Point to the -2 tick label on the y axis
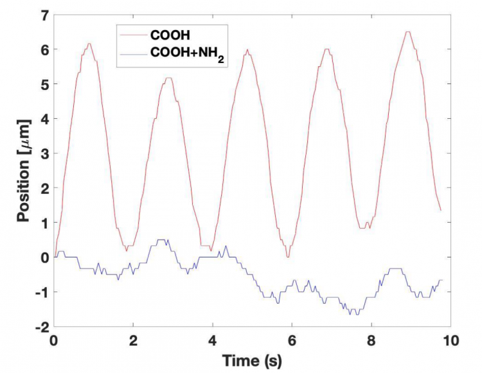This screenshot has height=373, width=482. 41,327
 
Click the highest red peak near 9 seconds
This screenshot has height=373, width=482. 407,31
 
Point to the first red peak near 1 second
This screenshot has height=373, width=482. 90,44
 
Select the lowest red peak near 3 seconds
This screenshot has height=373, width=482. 168,78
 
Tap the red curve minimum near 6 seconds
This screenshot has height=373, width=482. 288,257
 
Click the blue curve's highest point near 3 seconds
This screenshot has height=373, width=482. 163,240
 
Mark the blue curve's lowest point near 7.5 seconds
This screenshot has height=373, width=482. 353,314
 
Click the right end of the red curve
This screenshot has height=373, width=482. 441,210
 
